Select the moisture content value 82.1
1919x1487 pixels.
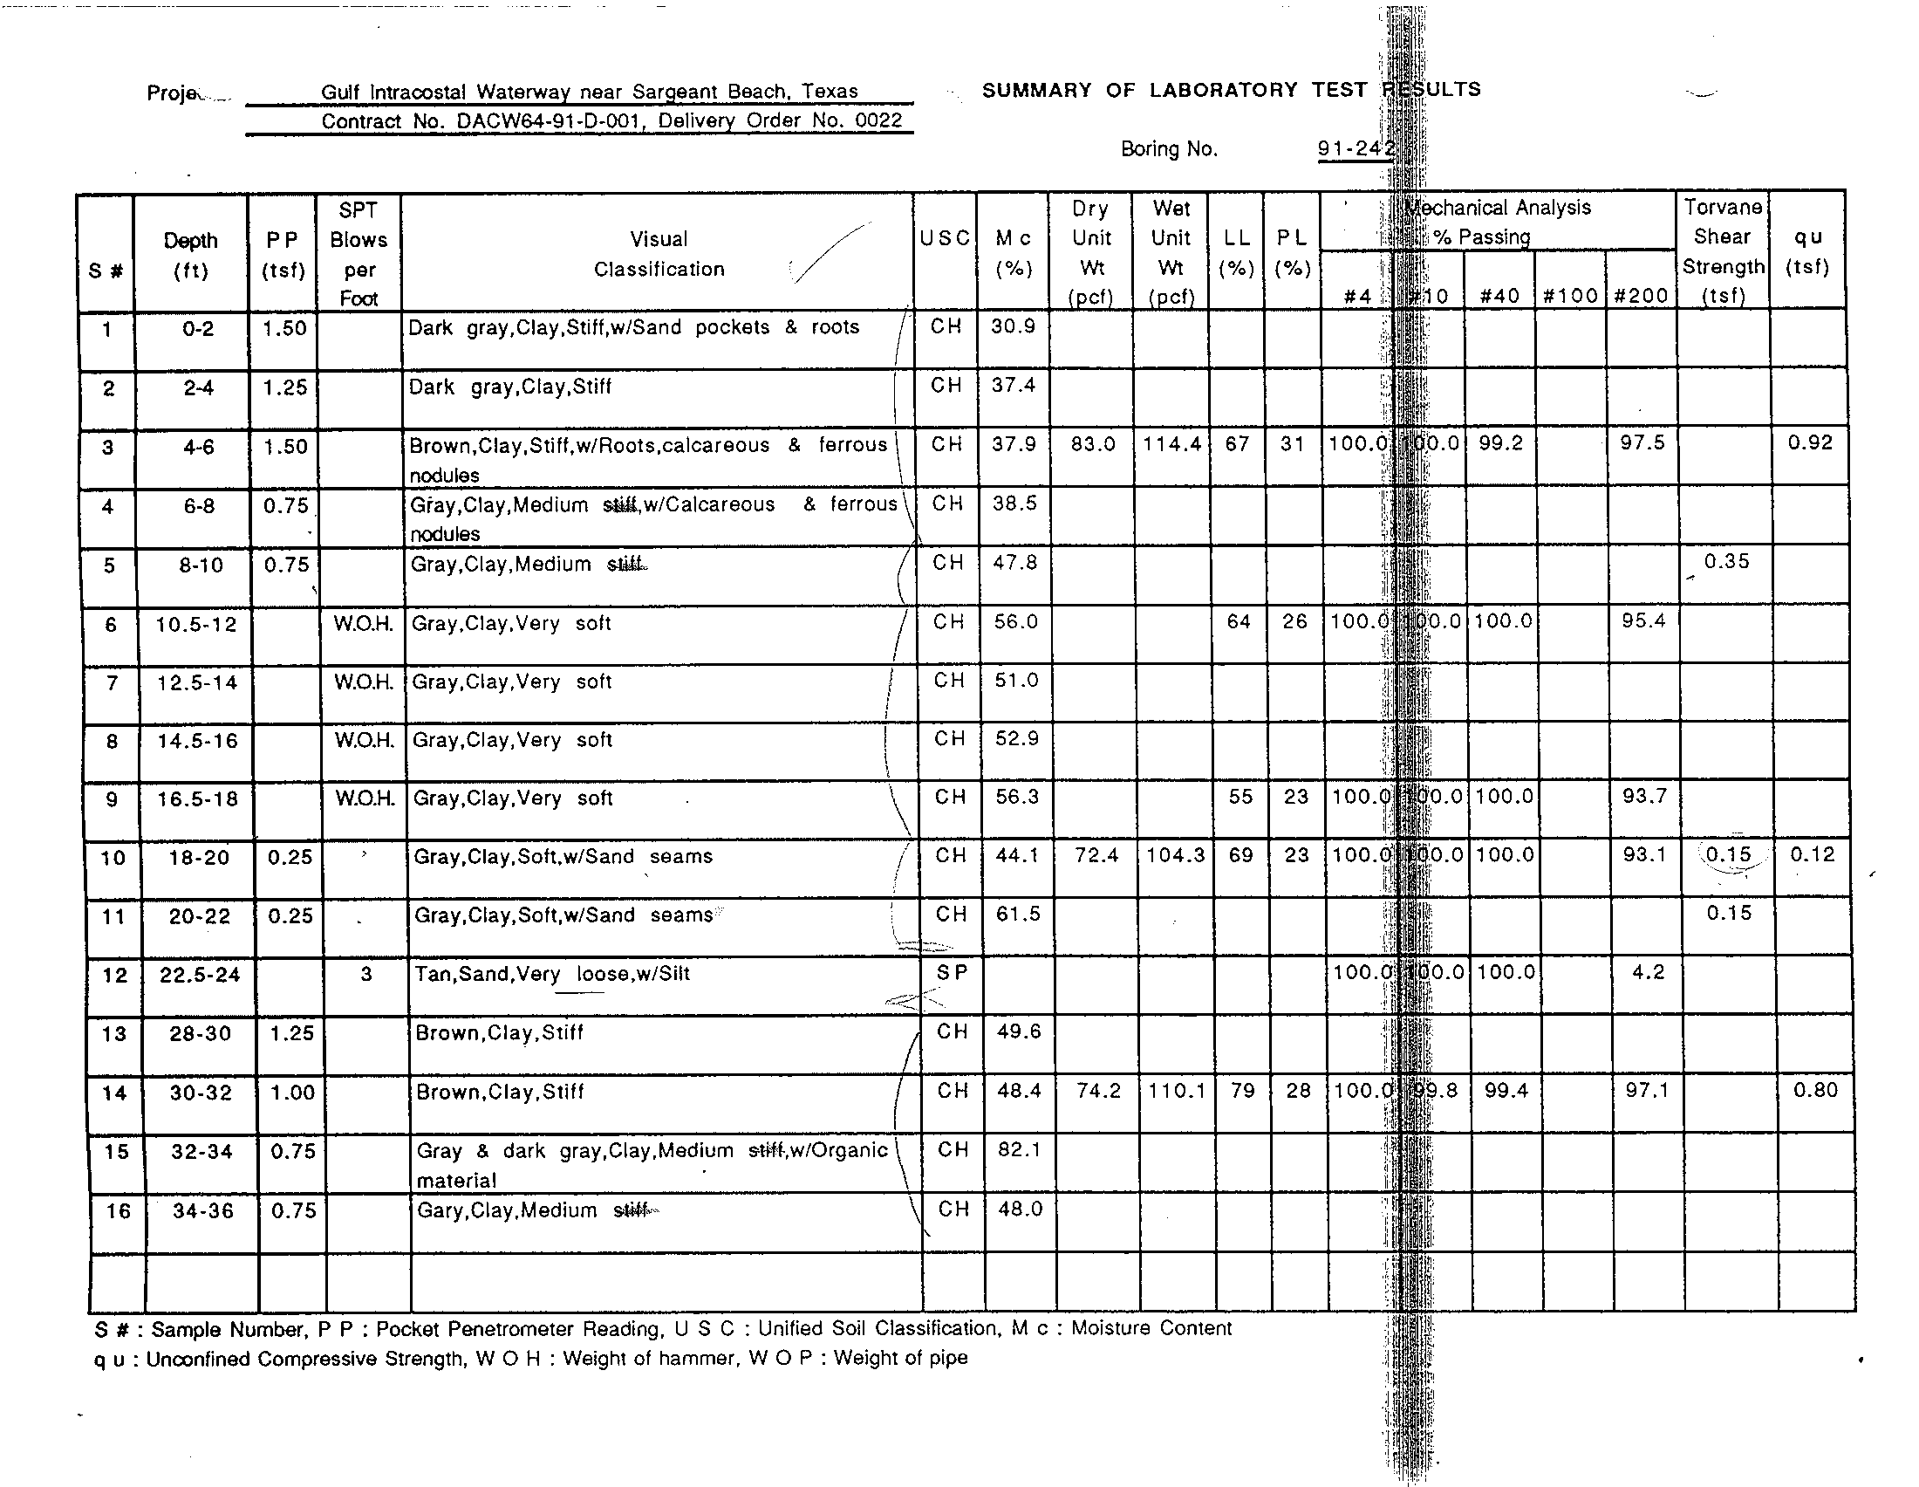click(x=1019, y=1149)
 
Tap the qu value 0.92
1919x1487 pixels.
click(x=1810, y=443)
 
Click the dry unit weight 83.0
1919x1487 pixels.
click(x=1093, y=445)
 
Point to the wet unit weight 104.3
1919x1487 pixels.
click(x=1175, y=855)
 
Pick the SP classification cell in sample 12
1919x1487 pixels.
click(x=952, y=973)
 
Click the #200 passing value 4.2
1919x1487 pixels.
click(x=1648, y=973)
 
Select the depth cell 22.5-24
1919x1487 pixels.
click(x=200, y=976)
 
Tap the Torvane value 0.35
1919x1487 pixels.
click(x=1726, y=562)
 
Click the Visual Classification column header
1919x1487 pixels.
click(x=659, y=254)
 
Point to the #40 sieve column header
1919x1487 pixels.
click(x=1499, y=296)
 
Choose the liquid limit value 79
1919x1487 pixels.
click(x=1242, y=1091)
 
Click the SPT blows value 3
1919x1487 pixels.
click(x=366, y=975)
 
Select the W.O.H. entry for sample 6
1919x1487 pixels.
click(x=363, y=624)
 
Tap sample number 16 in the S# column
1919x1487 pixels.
click(x=118, y=1211)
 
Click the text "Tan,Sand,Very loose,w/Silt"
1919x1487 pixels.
click(x=552, y=974)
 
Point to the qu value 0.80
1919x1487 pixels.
click(x=1815, y=1091)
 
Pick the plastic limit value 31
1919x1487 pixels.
click(x=1292, y=445)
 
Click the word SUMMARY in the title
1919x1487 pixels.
click(x=1037, y=90)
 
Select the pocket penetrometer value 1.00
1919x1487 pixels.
click(x=292, y=1093)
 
